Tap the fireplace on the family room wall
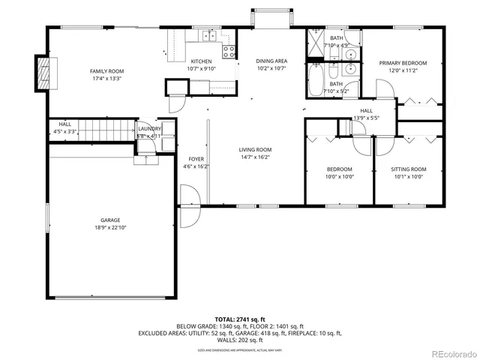click(x=44, y=72)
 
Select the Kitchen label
click(x=201, y=61)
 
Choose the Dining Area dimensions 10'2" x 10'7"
click(x=271, y=68)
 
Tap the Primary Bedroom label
click(x=403, y=63)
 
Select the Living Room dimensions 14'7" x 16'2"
click(x=255, y=157)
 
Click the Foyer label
click(x=196, y=159)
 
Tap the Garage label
click(x=110, y=220)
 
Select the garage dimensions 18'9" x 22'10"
click(x=110, y=226)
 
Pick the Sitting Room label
click(x=409, y=169)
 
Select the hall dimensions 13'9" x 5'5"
click(x=367, y=118)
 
